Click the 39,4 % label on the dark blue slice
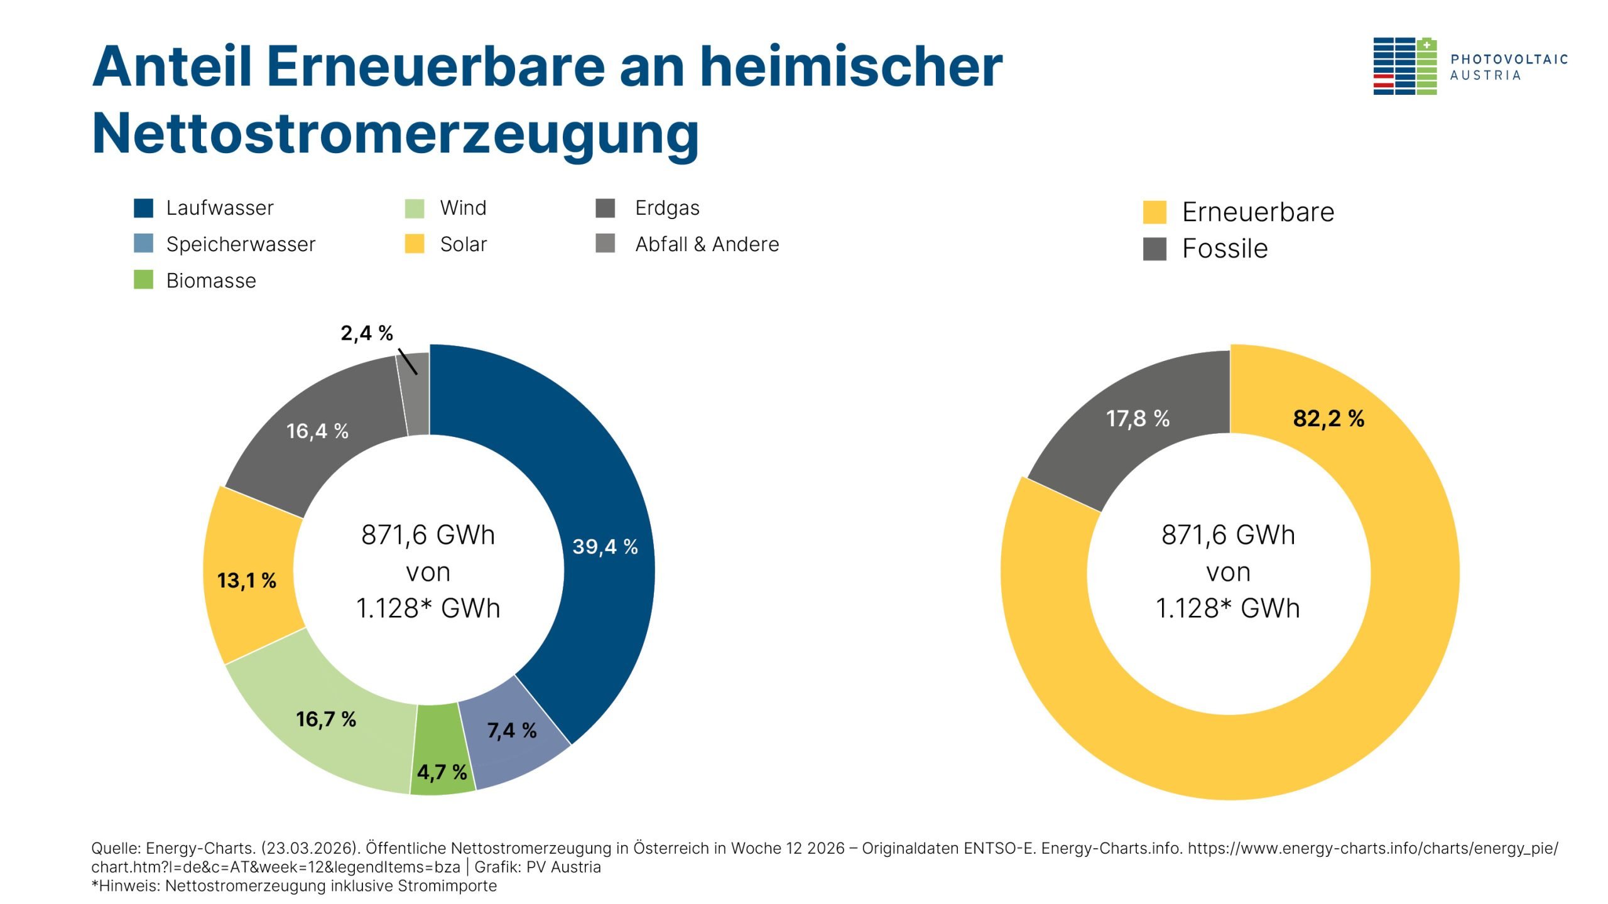tap(604, 547)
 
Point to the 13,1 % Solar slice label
tap(247, 580)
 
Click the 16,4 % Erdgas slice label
tap(317, 431)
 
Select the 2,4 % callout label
tap(367, 333)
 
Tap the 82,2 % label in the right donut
tap(1328, 418)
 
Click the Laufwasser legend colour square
tap(143, 208)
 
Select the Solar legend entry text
tap(464, 244)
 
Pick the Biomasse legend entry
tap(211, 281)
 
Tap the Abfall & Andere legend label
tap(707, 244)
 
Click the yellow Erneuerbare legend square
tap(1154, 212)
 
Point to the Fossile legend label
tap(1224, 249)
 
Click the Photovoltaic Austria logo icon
tap(1404, 67)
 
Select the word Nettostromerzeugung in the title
tap(395, 134)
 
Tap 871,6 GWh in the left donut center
tap(428, 535)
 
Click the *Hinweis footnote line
tap(294, 886)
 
